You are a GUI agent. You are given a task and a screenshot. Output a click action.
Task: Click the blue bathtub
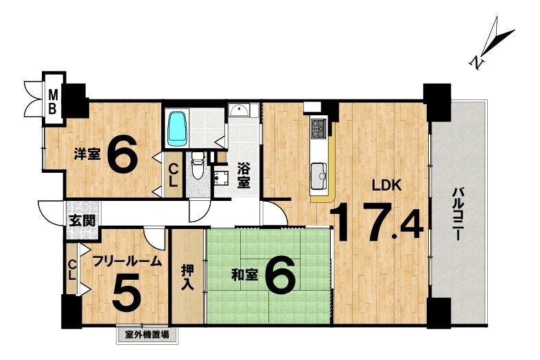(x=178, y=128)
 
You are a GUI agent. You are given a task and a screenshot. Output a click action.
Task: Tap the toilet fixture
(x=198, y=167)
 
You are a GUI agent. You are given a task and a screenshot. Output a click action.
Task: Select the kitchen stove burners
(x=318, y=128)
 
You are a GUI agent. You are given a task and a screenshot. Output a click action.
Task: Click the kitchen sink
(x=318, y=176)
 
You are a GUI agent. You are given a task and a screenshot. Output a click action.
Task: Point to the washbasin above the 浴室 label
(x=239, y=111)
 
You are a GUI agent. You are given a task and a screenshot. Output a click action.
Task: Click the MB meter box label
(x=52, y=101)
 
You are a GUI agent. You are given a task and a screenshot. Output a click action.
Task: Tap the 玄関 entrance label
(x=82, y=221)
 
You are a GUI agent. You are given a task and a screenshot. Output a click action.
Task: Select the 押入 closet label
(x=188, y=278)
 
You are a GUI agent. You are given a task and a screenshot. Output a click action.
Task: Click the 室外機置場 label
(x=148, y=334)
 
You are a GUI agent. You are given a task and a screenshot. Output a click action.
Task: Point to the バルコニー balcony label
(x=458, y=214)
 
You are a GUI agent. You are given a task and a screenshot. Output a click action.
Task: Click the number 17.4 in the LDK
(x=377, y=223)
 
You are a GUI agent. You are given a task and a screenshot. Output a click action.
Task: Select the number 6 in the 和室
(x=281, y=275)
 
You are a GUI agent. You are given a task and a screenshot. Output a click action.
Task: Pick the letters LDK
(x=386, y=186)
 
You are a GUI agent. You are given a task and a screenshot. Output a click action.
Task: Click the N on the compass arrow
(x=477, y=62)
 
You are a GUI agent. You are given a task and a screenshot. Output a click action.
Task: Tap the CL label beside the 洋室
(x=173, y=175)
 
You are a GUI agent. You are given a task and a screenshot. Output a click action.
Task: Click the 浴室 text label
(x=244, y=176)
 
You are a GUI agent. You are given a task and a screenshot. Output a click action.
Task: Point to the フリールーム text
(x=128, y=261)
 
